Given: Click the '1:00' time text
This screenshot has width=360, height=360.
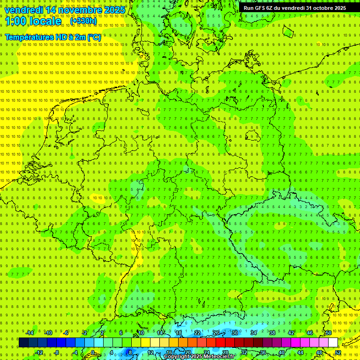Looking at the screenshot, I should [15, 21].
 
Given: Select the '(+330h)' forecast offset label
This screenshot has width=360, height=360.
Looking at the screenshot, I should [83, 21].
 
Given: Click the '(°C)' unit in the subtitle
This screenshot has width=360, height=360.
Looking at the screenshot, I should [94, 37].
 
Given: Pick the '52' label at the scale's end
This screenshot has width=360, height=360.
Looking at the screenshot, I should [338, 352].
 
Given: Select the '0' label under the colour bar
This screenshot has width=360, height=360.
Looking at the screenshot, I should [93, 352].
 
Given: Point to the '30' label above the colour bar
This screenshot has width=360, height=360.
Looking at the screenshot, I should [235, 333].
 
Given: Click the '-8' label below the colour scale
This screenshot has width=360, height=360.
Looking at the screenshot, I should [56, 352].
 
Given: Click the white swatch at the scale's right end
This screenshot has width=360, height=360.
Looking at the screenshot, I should [333, 342].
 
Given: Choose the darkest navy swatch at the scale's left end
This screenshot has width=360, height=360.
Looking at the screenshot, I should [23, 342].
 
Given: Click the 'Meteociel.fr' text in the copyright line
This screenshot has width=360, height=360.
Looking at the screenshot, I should [219, 357].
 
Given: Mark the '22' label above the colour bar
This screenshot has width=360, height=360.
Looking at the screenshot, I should [197, 333].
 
